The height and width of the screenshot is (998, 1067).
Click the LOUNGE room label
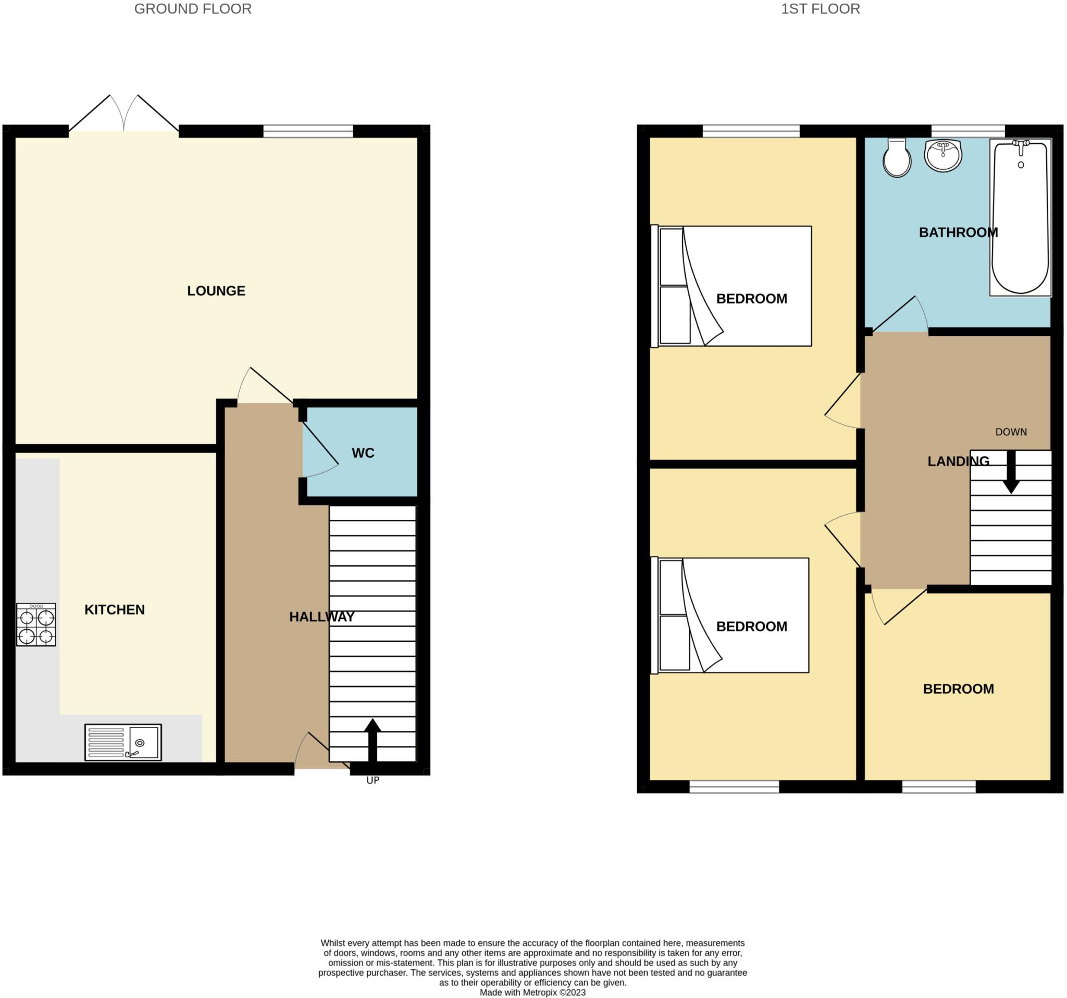[x=216, y=291]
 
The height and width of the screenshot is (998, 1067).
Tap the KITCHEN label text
[x=114, y=609]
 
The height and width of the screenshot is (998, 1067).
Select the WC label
[x=363, y=453]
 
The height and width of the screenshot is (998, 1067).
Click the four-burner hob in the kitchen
[x=36, y=625]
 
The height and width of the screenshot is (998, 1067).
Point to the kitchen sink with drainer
[x=123, y=743]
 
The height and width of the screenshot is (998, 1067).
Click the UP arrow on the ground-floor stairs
[x=373, y=741]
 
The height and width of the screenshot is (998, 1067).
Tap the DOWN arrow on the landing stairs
[x=1011, y=472]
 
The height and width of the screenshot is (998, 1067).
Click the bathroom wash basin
[x=943, y=155]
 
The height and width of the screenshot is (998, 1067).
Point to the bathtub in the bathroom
[x=1020, y=217]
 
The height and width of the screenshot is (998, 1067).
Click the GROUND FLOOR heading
[x=193, y=9]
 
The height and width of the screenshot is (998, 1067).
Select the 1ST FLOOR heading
[x=820, y=9]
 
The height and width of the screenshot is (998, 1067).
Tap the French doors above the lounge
[x=124, y=114]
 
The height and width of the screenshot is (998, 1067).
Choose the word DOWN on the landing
[x=1011, y=432]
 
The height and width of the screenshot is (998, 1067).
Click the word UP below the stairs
[x=373, y=780]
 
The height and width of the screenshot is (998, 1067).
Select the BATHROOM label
[x=958, y=232]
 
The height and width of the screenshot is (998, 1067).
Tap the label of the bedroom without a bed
[x=958, y=689]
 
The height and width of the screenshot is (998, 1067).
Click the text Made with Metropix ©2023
[x=532, y=992]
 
